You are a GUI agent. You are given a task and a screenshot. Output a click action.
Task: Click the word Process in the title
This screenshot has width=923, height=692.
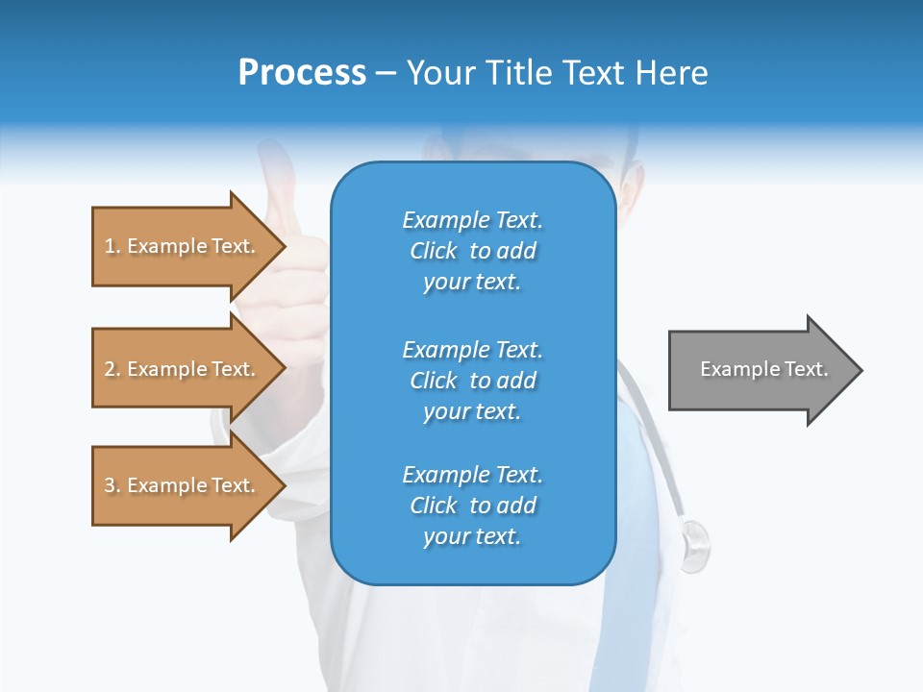[x=302, y=73]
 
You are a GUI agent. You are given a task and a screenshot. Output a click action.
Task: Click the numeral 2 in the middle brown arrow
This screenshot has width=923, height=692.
[x=110, y=369]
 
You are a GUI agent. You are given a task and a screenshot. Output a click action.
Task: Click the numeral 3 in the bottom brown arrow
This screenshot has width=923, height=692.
[x=110, y=485]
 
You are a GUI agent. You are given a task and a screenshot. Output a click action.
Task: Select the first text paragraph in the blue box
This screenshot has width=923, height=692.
[x=472, y=251]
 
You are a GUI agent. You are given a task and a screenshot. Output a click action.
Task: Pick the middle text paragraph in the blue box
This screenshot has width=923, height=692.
[x=472, y=380]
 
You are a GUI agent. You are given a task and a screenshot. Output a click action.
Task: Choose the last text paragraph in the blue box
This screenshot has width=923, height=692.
[x=472, y=506]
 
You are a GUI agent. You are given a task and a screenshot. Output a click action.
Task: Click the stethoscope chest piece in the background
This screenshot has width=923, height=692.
[x=695, y=544]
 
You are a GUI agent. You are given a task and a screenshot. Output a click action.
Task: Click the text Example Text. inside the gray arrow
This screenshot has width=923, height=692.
[x=763, y=369]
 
